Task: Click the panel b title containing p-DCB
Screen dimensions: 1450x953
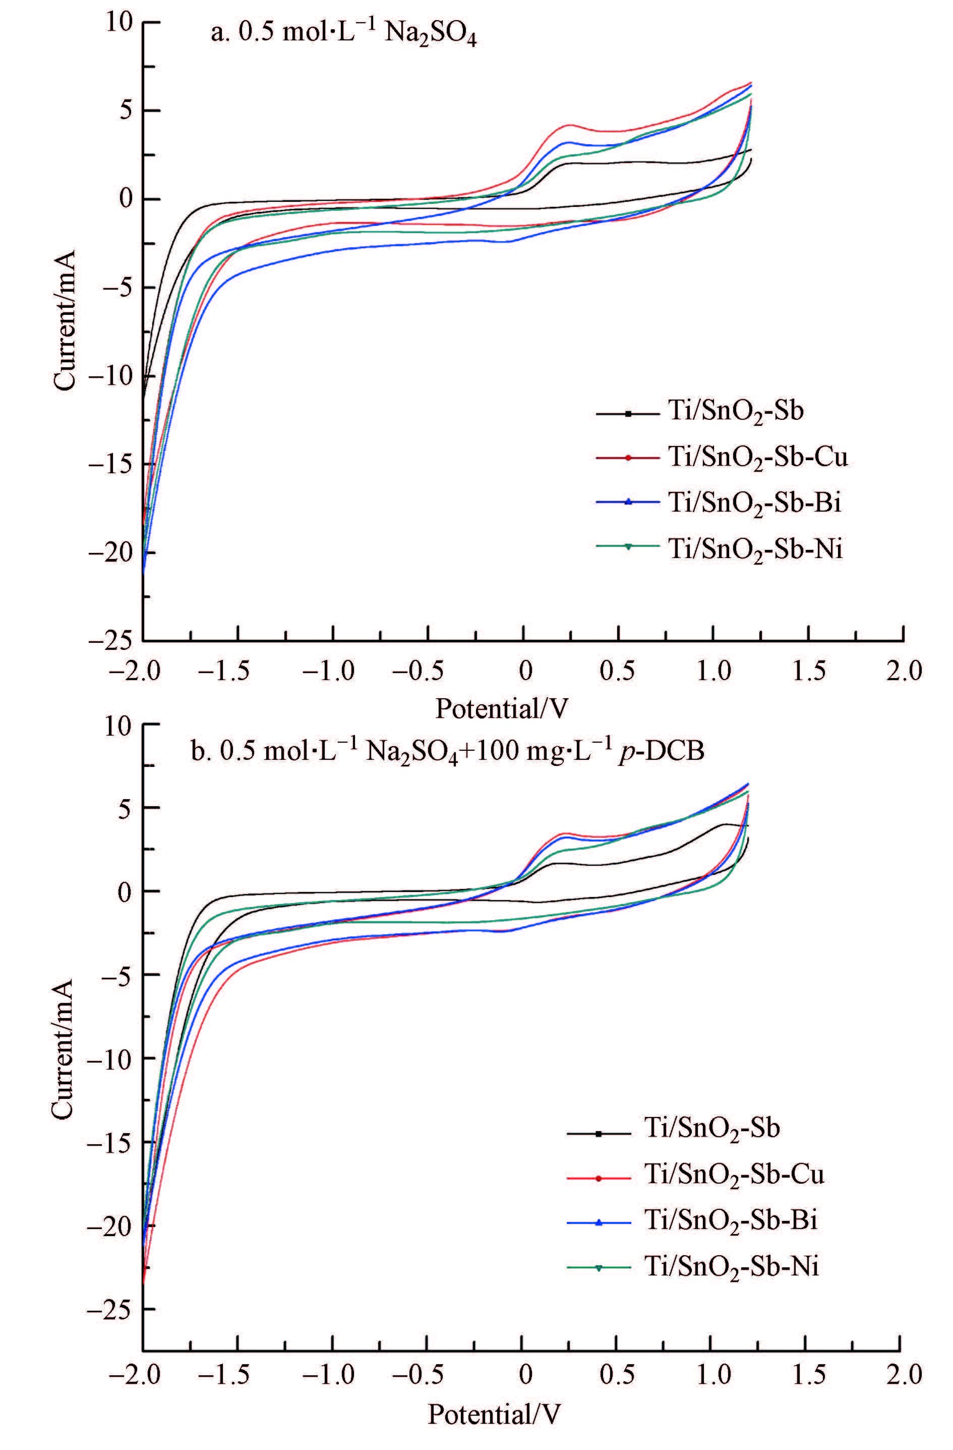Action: pos(448,751)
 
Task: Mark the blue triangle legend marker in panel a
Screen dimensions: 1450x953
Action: pos(628,502)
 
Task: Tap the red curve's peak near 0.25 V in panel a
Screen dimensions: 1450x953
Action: pos(570,125)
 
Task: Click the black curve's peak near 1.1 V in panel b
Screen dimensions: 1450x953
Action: pos(725,824)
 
